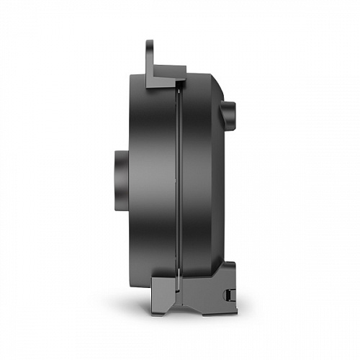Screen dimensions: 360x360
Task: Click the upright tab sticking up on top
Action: [x=150, y=55]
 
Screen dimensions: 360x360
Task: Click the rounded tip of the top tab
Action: [x=150, y=43]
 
